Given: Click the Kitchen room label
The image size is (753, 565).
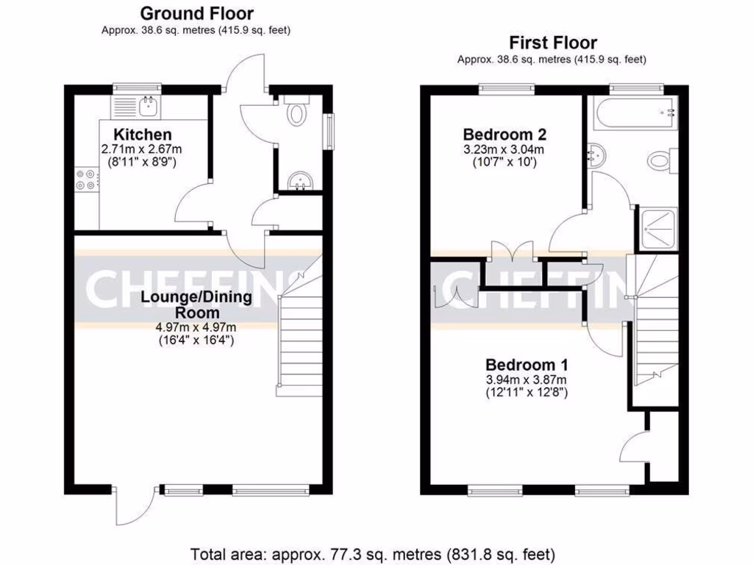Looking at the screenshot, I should click(142, 135).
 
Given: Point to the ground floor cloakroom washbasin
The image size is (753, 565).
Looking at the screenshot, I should click(300, 182).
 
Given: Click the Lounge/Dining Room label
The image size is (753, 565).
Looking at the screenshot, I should click(196, 305).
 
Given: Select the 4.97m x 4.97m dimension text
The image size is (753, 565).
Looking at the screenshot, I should click(196, 327).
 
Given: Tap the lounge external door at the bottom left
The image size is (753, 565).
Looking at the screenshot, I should click(132, 506).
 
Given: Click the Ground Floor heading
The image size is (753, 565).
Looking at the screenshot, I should click(196, 13).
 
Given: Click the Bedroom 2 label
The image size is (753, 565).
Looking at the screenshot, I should click(504, 135).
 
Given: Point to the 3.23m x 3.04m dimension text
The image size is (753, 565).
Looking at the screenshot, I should click(504, 149).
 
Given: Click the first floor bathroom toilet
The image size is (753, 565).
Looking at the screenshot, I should click(659, 160).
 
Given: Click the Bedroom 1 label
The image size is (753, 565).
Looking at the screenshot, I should click(527, 365).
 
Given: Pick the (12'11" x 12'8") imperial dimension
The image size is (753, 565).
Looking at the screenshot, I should click(527, 393).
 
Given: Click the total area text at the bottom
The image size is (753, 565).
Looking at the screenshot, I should click(373, 553).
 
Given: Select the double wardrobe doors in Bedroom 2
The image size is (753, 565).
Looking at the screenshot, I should click(513, 252).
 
